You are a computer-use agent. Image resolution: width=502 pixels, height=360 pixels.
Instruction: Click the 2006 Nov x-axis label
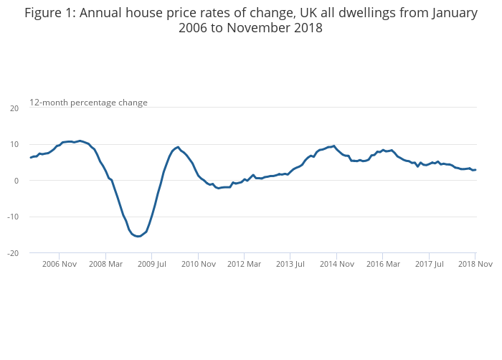[60, 264]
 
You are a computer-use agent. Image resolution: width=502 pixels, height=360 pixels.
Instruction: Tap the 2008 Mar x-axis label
[105, 264]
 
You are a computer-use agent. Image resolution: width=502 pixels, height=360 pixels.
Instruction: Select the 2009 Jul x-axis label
[152, 264]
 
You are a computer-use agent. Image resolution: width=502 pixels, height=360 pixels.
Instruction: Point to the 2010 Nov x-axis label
[198, 264]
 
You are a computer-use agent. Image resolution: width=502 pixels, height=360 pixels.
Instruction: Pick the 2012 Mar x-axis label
[245, 264]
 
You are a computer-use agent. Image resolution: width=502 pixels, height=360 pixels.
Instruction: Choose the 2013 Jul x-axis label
[290, 264]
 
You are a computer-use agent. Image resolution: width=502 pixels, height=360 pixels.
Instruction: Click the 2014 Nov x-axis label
[337, 264]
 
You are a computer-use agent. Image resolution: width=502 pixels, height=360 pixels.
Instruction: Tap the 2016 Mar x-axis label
[383, 264]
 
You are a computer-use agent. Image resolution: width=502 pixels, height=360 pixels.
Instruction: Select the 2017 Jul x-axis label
[429, 264]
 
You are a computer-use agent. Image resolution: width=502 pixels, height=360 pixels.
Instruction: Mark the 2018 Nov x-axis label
[475, 264]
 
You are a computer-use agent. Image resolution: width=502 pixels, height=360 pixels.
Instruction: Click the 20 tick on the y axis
[14, 108]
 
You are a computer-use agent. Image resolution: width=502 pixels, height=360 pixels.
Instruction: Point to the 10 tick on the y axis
[14, 144]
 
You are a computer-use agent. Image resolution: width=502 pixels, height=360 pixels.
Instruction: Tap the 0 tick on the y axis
[16, 181]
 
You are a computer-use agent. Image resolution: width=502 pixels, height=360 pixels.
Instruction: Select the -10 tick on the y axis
[12, 217]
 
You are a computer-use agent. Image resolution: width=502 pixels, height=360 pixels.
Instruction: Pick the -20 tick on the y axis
[12, 253]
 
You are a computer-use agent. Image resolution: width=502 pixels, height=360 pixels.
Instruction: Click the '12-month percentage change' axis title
[88, 103]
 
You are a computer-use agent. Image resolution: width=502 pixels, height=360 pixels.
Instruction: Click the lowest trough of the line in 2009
[138, 237]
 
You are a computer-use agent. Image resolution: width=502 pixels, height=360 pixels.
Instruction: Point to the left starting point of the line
[30, 157]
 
